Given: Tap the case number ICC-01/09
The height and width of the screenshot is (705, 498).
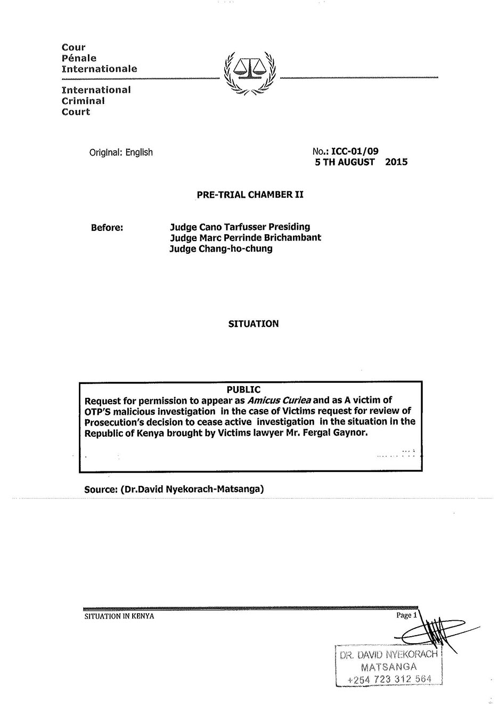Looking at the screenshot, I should [x=355, y=151].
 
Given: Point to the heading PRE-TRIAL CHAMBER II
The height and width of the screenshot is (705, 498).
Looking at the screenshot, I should [x=250, y=195].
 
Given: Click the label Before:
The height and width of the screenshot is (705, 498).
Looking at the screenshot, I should [x=107, y=227].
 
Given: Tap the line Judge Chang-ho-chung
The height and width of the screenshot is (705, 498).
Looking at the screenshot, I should [x=221, y=249].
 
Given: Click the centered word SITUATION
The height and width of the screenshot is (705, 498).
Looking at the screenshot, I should [x=253, y=324].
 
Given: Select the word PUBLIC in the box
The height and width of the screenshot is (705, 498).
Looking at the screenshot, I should [x=243, y=390].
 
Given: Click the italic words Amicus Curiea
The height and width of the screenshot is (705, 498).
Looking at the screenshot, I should [x=279, y=400].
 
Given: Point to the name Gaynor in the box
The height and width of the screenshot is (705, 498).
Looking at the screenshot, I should [x=349, y=432].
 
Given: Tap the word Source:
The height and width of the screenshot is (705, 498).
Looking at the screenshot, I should [x=101, y=488].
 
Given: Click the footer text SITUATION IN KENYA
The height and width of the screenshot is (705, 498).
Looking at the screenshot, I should [x=119, y=616].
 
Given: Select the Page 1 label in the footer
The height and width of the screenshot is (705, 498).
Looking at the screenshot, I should [x=405, y=615].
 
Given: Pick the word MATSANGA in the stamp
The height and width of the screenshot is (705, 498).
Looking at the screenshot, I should [x=388, y=667].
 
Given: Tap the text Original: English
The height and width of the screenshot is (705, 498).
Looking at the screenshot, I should [x=121, y=153].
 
